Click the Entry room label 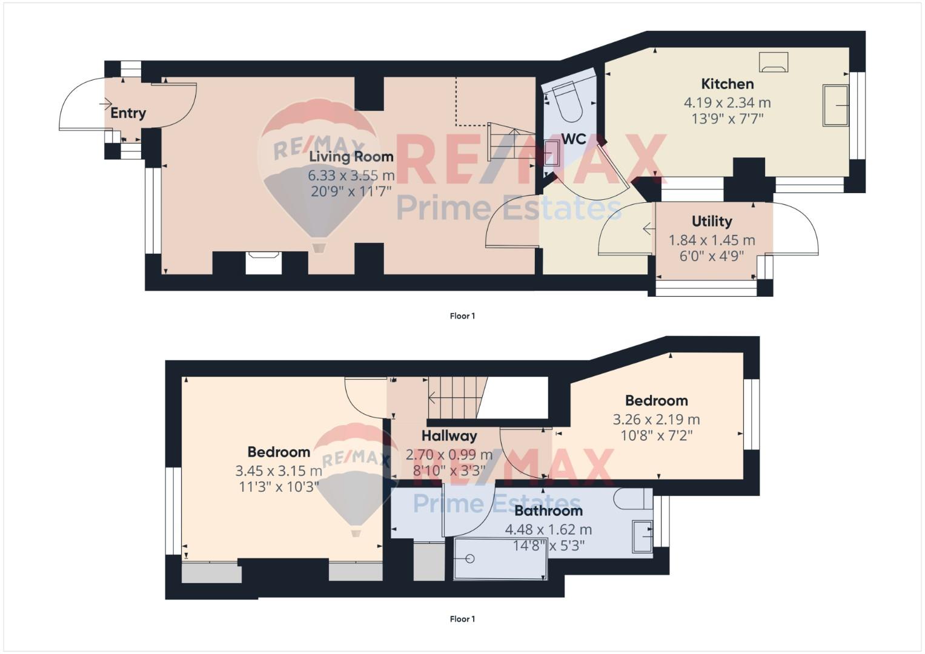128,113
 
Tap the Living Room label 351,157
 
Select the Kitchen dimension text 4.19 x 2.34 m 727,102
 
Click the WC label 574,139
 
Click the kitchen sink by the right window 836,105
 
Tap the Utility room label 712,221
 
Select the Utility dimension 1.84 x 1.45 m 712,240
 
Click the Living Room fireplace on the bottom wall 264,263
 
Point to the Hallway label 449,436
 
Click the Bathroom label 548,511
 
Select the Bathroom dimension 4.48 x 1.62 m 548,529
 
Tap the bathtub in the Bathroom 500,558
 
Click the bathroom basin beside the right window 642,537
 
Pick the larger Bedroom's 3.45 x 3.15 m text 279,471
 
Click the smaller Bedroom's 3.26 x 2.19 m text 656,420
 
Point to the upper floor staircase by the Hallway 457,398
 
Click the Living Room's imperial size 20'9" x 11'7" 351,191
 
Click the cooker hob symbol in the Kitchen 774,63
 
